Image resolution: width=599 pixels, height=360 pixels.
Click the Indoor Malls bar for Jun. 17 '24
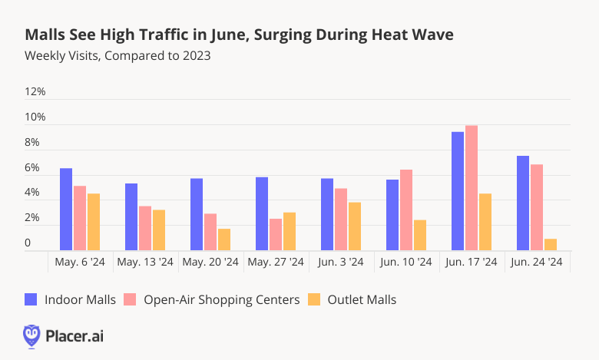(457, 191)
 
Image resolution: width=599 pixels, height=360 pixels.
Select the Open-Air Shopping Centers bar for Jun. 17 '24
(472, 188)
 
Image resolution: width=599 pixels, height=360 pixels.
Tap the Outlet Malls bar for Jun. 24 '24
(551, 244)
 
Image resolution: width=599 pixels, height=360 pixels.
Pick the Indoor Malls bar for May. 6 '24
(66, 209)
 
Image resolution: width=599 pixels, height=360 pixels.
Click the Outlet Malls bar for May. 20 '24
(224, 239)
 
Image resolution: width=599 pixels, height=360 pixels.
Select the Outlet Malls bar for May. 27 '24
(290, 231)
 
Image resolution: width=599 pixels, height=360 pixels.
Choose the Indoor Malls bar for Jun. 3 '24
(327, 214)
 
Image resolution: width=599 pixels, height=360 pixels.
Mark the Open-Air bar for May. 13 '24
(145, 228)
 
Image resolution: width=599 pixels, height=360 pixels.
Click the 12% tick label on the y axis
(35, 92)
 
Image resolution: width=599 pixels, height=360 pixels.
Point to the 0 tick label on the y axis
(28, 244)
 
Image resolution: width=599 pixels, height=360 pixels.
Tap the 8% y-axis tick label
(32, 143)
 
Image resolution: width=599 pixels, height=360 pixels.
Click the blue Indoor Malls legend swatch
(31, 299)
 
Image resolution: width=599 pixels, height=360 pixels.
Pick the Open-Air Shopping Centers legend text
(222, 299)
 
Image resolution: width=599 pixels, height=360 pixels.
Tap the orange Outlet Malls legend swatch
(314, 299)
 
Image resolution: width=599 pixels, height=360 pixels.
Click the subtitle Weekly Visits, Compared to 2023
(117, 56)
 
